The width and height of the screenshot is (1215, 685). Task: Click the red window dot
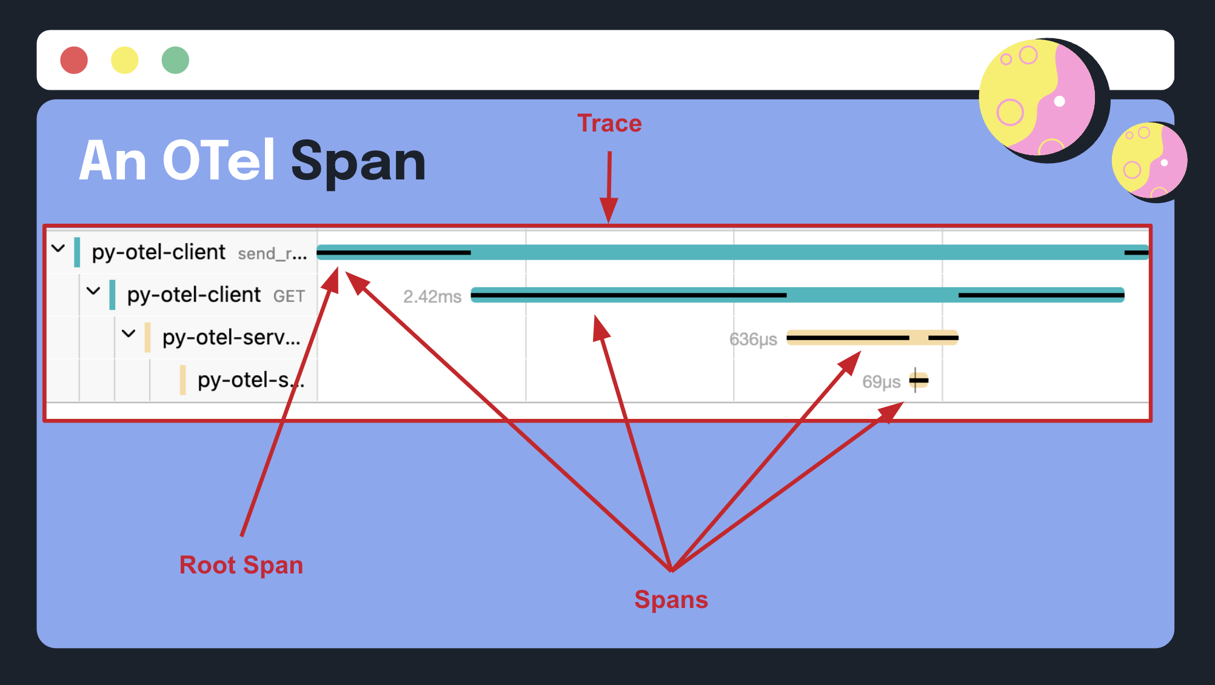[74, 60]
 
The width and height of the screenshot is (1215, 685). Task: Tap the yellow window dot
[125, 60]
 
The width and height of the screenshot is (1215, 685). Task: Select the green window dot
[175, 60]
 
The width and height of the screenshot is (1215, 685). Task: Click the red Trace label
[609, 124]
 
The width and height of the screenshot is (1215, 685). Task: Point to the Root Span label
[241, 565]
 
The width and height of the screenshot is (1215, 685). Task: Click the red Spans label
[671, 600]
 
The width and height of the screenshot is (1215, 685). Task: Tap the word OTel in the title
[219, 161]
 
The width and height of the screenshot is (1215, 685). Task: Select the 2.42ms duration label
[432, 296]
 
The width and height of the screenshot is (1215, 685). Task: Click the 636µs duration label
[753, 339]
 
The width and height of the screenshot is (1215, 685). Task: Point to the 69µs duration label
[881, 382]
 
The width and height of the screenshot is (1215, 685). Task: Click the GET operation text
[289, 296]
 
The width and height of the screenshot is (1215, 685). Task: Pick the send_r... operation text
[272, 253]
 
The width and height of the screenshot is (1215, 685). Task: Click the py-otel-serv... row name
[231, 338]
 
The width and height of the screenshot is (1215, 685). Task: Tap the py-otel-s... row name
[250, 380]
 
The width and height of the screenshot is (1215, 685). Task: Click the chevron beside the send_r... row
[58, 249]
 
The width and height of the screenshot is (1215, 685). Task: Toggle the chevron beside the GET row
[93, 291]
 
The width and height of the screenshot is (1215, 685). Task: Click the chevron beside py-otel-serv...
[129, 333]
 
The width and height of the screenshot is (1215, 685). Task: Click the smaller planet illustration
[1149, 161]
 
